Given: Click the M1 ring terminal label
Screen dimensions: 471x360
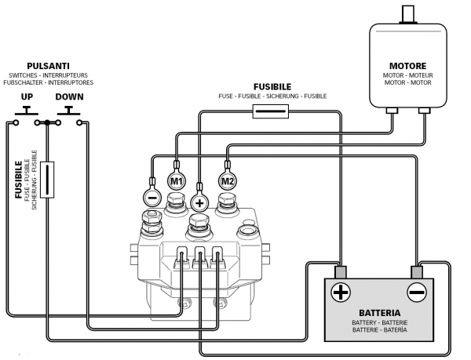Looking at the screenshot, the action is pyautogui.click(x=177, y=181).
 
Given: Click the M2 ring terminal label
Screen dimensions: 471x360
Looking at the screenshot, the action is pyautogui.click(x=228, y=181).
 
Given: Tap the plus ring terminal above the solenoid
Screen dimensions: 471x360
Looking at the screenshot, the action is pyautogui.click(x=199, y=203).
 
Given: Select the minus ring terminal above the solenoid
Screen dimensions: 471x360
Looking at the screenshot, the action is pyautogui.click(x=152, y=198).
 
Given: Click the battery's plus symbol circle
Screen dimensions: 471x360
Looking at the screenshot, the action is pyautogui.click(x=341, y=292).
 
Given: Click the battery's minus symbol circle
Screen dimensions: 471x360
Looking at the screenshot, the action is pyautogui.click(x=417, y=292).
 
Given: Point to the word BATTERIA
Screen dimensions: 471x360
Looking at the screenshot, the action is pyautogui.click(x=380, y=313).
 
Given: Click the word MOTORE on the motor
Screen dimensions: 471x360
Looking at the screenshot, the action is pyautogui.click(x=407, y=66).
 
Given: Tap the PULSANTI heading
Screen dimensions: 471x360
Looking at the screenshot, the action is pyautogui.click(x=49, y=66).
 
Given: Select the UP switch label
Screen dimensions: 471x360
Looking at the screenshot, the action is pyautogui.click(x=27, y=96).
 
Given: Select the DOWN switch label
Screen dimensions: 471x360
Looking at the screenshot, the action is pyautogui.click(x=69, y=96).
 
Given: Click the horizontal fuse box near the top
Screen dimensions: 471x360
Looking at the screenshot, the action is pyautogui.click(x=271, y=111).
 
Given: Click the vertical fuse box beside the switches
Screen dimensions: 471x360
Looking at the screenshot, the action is pyautogui.click(x=47, y=180).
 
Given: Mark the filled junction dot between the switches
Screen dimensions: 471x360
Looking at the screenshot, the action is pyautogui.click(x=47, y=122).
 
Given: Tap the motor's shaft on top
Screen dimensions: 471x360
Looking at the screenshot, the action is pyautogui.click(x=407, y=14).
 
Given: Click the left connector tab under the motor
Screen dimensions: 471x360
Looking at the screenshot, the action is pyautogui.click(x=392, y=111).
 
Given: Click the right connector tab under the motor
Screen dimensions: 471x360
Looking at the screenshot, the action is pyautogui.click(x=425, y=111).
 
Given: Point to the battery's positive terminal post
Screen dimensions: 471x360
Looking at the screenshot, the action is pyautogui.click(x=341, y=272).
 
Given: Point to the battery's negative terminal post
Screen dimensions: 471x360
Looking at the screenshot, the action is pyautogui.click(x=417, y=272).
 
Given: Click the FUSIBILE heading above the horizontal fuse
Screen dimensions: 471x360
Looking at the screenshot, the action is pyautogui.click(x=272, y=87).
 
